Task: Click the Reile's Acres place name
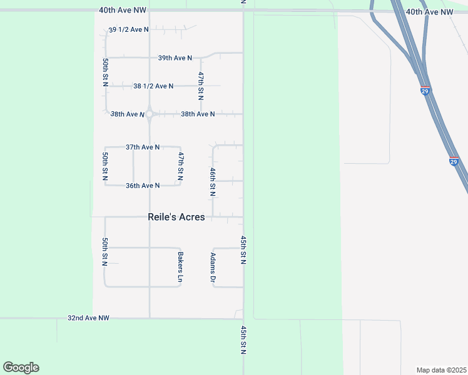click(x=176, y=217)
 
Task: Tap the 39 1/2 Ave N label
click(x=129, y=29)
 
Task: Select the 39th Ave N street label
click(x=175, y=57)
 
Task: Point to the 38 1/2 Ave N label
click(x=153, y=86)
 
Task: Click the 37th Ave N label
click(x=143, y=147)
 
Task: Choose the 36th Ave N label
click(x=143, y=185)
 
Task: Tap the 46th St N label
click(x=213, y=182)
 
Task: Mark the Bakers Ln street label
click(x=180, y=267)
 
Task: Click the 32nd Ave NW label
click(x=88, y=318)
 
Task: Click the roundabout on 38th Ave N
click(x=150, y=114)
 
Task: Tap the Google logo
click(x=21, y=367)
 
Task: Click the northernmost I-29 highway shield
click(x=425, y=91)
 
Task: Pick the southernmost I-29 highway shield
click(x=454, y=161)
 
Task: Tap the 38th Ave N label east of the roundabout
click(x=198, y=114)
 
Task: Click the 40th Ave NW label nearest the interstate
click(x=429, y=12)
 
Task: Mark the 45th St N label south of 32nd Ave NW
click(x=243, y=339)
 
